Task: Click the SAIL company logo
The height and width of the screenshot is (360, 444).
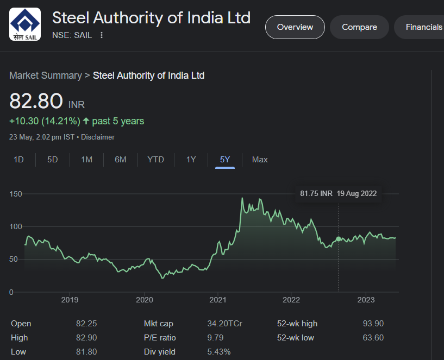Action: (25, 24)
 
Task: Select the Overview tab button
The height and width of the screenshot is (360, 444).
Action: (295, 27)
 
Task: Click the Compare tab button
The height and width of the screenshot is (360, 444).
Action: (359, 27)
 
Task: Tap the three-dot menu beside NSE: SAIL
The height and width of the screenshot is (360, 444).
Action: (102, 35)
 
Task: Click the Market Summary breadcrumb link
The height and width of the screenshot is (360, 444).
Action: (45, 75)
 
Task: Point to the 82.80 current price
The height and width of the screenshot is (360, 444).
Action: (36, 102)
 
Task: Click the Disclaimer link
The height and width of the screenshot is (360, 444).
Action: (98, 137)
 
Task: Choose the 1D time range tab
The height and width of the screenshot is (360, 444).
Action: (18, 160)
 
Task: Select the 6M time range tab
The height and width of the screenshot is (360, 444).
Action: (121, 160)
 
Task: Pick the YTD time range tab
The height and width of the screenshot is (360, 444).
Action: (155, 160)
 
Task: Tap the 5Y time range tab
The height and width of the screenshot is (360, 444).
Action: (225, 160)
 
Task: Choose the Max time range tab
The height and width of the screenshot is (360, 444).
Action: (260, 160)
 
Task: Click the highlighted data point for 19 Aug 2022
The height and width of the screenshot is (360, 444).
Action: (339, 239)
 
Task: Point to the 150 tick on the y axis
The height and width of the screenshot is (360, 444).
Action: (15, 194)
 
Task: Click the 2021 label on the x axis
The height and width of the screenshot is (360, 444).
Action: (217, 300)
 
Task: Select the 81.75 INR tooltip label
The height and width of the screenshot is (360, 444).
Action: (316, 193)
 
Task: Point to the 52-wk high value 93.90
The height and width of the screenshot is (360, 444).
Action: (373, 324)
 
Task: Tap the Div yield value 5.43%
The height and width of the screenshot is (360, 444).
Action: (219, 352)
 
